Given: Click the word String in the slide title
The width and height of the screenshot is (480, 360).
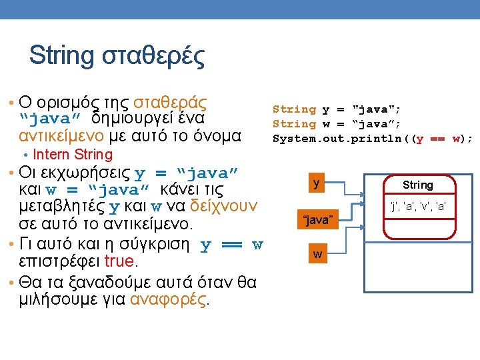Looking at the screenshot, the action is [x=62, y=56].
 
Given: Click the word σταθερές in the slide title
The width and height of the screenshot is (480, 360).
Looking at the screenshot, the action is [x=153, y=56].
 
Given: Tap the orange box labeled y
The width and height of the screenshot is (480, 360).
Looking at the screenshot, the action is [x=316, y=183].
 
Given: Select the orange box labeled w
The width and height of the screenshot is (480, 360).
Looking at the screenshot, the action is [x=318, y=254].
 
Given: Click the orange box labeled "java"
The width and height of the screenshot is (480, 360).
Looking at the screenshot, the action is [x=318, y=219].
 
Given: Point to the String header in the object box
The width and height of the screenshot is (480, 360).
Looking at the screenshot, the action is [x=418, y=185].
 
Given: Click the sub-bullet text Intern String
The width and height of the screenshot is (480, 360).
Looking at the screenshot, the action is [x=73, y=155].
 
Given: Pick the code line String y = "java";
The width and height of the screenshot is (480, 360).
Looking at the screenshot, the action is [x=336, y=109].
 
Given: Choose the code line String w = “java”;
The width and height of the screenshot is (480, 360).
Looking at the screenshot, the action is [x=336, y=124].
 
